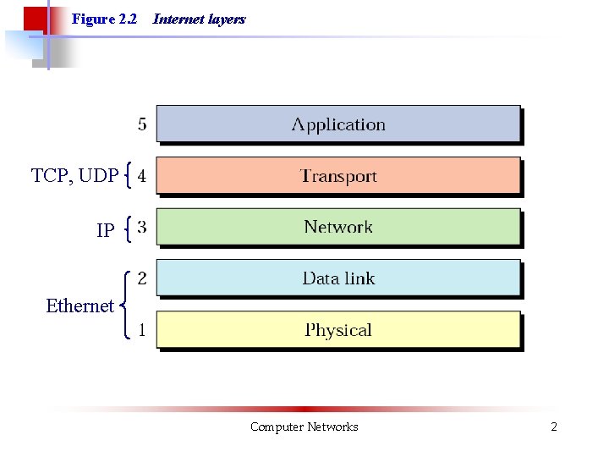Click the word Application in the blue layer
click(x=338, y=124)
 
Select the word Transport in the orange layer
click(x=338, y=176)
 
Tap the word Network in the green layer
click(x=338, y=227)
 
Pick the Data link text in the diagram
click(x=338, y=278)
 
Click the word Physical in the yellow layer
click(x=338, y=330)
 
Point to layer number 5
click(x=142, y=124)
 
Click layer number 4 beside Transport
click(x=142, y=176)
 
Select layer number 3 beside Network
click(x=142, y=227)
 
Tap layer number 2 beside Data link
click(x=142, y=278)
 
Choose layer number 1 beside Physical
click(x=141, y=330)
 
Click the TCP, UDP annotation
click(x=74, y=176)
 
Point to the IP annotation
click(x=106, y=230)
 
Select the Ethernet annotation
click(x=80, y=306)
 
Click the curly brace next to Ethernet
click(x=126, y=305)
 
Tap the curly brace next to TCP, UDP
click(x=127, y=176)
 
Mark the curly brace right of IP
click(x=127, y=228)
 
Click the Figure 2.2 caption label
click(x=104, y=19)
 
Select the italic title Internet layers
click(x=199, y=19)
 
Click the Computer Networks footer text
click(x=304, y=427)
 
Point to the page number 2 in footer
click(x=554, y=427)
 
